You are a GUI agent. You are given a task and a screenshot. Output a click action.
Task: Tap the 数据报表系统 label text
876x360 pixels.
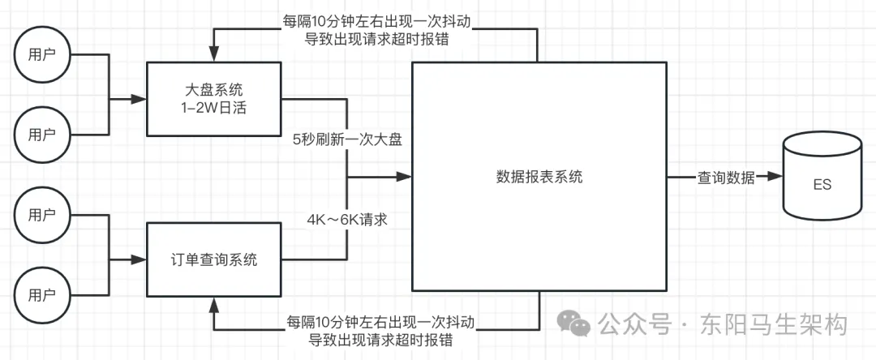pos(539,177)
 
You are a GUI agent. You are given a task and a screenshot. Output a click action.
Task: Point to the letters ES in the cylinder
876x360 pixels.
pos(822,186)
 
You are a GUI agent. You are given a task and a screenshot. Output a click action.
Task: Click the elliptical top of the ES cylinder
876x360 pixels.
pos(822,148)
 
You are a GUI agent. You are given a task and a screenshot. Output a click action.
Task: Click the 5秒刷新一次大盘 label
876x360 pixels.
pos(347,139)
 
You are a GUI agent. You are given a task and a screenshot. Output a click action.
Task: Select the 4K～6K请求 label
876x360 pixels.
pos(347,218)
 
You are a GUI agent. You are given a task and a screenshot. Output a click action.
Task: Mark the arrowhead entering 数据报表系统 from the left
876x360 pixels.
pos(405,177)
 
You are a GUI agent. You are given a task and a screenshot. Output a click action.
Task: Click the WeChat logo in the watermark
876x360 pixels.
pos(579,325)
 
